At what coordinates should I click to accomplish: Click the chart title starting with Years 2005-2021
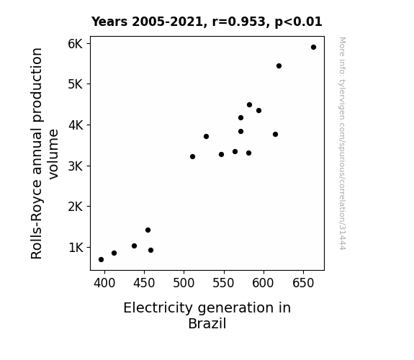[x=207, y=22]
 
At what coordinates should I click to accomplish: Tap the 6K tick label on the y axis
[x=76, y=44]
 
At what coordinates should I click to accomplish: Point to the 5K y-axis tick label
[x=76, y=84]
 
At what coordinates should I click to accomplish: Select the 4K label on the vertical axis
[x=76, y=125]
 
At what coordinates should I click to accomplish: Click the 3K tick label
[x=76, y=166]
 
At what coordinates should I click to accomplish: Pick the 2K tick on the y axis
[x=76, y=207]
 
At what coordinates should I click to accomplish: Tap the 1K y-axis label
[x=76, y=248]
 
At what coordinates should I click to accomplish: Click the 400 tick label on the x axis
[x=104, y=283]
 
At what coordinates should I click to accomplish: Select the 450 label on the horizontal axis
[x=144, y=283]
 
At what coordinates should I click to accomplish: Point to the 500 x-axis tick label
[x=184, y=283]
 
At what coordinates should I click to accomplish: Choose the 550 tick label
[x=224, y=283]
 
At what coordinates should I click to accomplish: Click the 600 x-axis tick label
[x=264, y=283]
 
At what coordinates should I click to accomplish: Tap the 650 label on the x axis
[x=303, y=283]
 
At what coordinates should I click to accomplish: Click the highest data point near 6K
[x=313, y=48]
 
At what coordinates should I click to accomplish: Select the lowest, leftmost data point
[x=101, y=260]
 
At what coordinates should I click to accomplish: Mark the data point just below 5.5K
[x=279, y=66]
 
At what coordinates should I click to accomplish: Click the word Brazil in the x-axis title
[x=207, y=323]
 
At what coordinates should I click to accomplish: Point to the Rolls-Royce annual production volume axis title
[x=45, y=153]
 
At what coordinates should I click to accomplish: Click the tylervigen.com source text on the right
[x=342, y=143]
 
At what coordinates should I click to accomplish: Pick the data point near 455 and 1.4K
[x=148, y=230]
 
